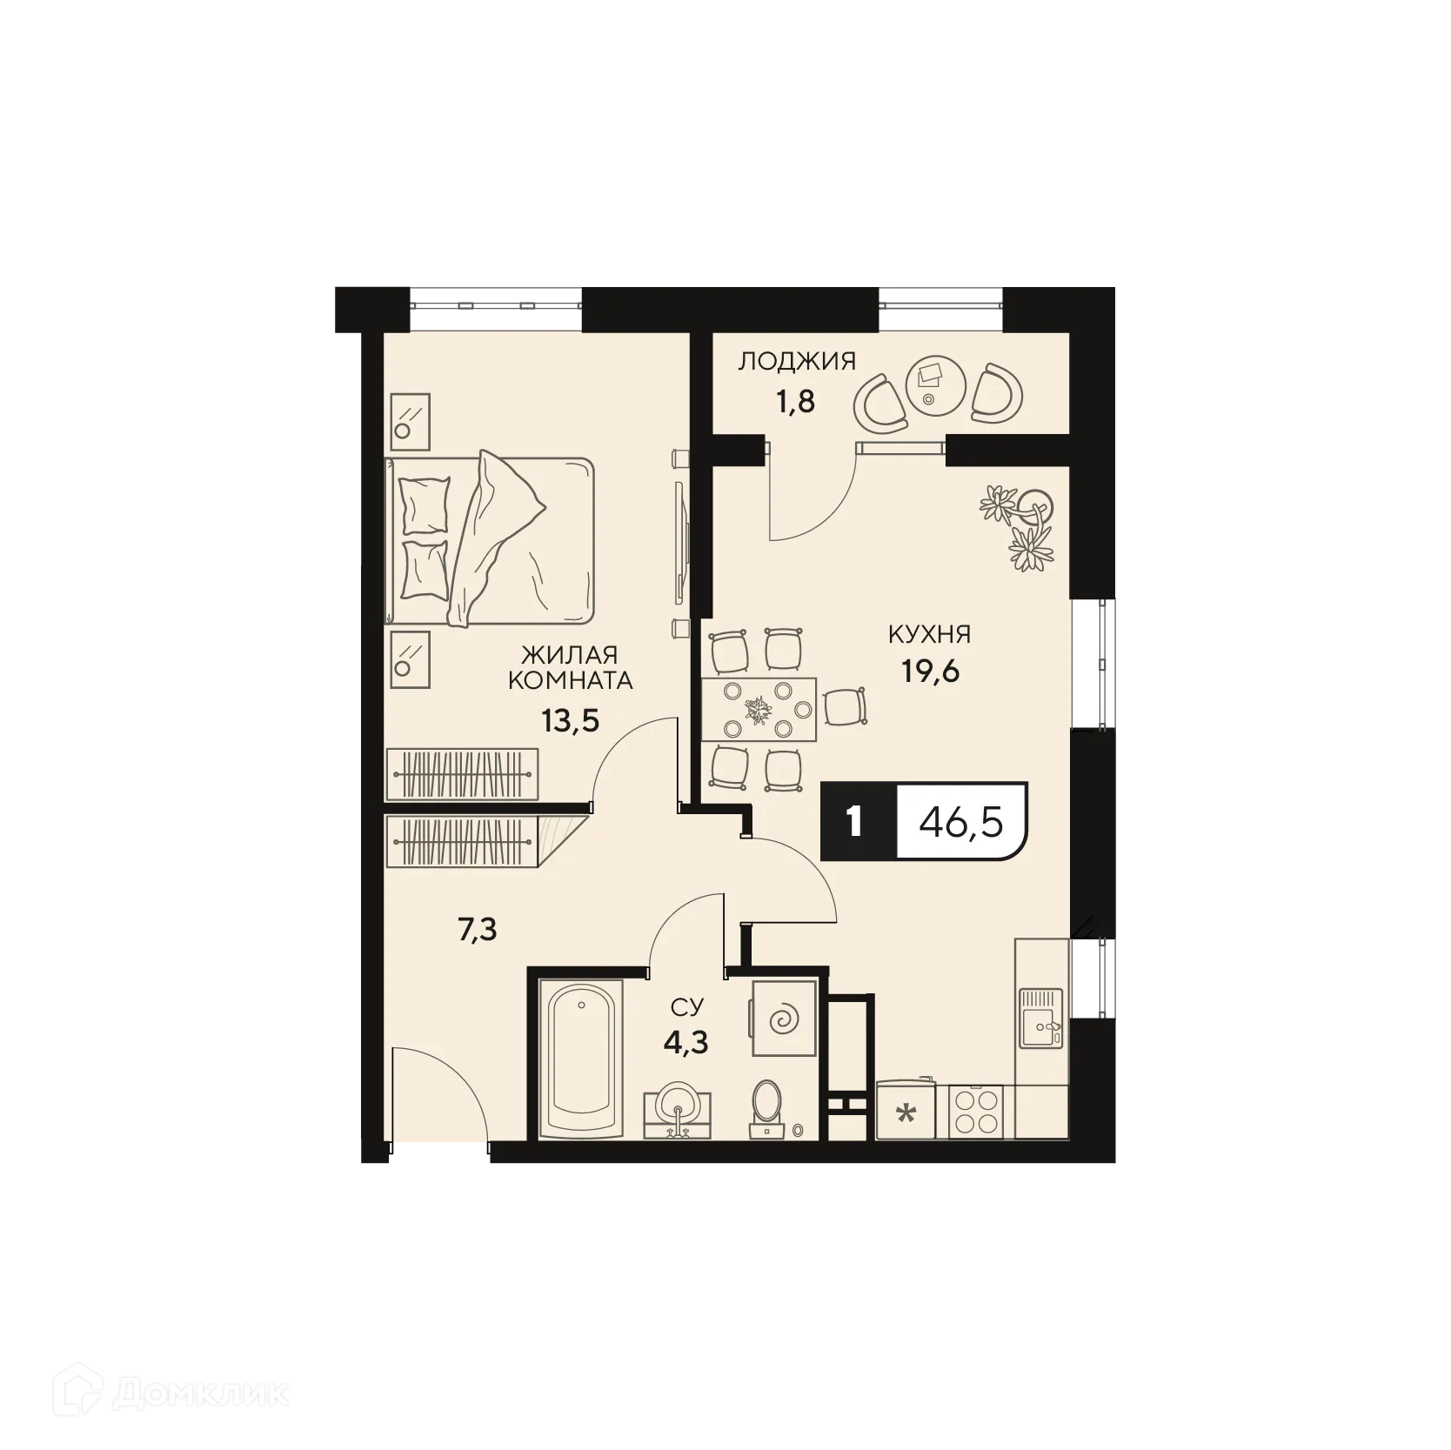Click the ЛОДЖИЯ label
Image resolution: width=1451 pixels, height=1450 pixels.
click(797, 361)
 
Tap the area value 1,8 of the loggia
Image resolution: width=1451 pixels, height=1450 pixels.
click(795, 403)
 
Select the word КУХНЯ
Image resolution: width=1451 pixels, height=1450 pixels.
click(929, 634)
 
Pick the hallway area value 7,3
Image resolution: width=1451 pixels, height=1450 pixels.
click(477, 931)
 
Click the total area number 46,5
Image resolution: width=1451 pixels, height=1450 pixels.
click(961, 821)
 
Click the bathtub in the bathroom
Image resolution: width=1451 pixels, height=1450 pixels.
click(579, 1059)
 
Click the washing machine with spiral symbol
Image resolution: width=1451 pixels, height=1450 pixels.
click(784, 1017)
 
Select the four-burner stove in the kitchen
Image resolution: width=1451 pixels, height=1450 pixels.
click(975, 1112)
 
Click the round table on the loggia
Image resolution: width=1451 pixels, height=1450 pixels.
click(929, 384)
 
